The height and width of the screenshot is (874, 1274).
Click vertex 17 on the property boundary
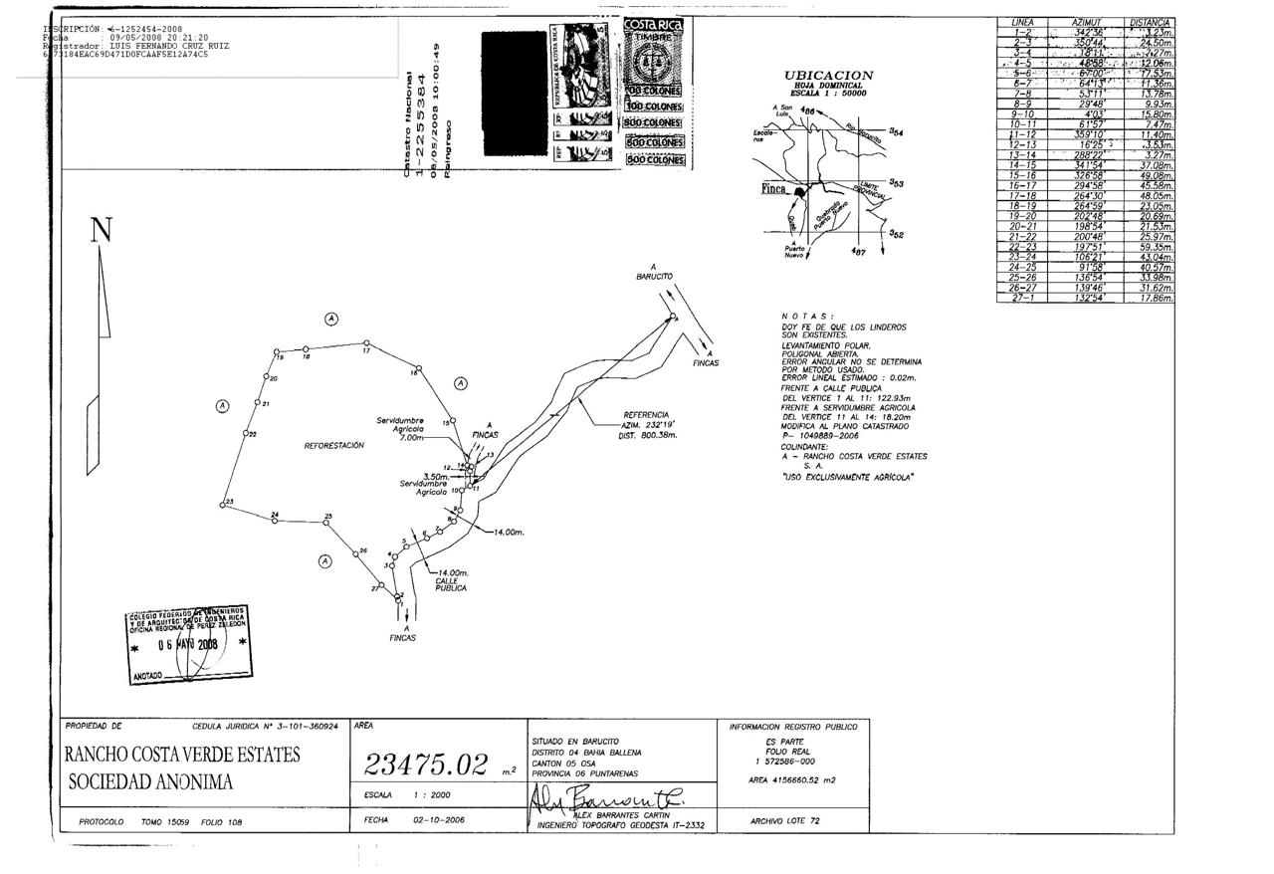[x=364, y=343]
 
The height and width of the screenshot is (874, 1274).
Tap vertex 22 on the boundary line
[x=245, y=433]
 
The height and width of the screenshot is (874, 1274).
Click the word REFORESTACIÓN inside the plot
[x=333, y=446]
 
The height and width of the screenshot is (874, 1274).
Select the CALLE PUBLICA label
[x=451, y=584]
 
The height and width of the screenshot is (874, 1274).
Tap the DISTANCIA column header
[x=1151, y=22]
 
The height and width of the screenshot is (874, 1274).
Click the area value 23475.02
[x=426, y=765]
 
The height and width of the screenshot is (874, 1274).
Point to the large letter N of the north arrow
[x=102, y=231]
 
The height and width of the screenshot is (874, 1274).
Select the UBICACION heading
[x=828, y=76]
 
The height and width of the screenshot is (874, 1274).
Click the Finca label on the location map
[x=773, y=189]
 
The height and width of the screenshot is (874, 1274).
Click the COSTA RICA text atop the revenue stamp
[x=653, y=26]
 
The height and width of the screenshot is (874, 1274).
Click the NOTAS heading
[x=808, y=316]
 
